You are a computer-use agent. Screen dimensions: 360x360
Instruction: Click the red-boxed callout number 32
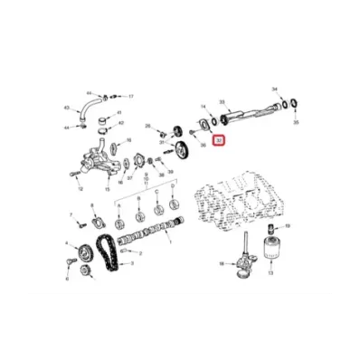(x=218, y=141)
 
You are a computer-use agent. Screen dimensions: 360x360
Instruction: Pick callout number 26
(x=149, y=126)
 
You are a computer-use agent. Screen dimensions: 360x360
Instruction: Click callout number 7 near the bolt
(x=72, y=214)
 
